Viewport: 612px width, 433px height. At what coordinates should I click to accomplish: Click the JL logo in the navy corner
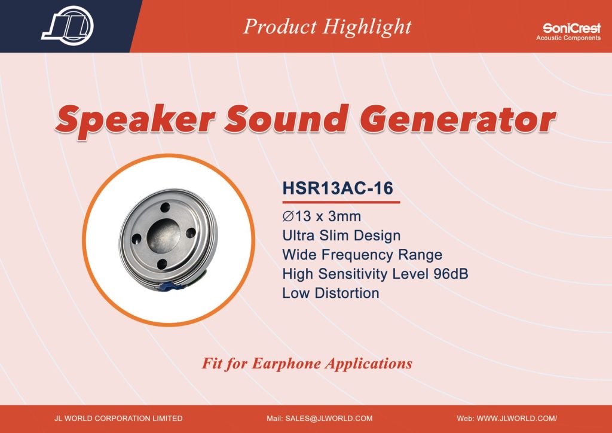(x=68, y=26)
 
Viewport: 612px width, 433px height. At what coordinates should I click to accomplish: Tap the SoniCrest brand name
(x=571, y=28)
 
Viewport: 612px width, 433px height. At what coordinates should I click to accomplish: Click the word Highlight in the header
(x=367, y=27)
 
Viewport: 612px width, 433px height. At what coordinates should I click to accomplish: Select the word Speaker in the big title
(x=135, y=120)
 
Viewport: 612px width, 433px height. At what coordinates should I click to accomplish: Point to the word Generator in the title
(x=457, y=118)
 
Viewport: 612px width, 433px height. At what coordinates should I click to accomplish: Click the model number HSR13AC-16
(x=338, y=188)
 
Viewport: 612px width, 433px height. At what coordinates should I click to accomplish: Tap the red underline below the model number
(x=341, y=202)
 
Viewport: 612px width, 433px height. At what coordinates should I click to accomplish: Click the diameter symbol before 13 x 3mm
(x=288, y=216)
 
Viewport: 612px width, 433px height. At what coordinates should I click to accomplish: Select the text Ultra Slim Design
(x=341, y=236)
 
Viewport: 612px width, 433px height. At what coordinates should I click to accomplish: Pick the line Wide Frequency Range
(x=362, y=255)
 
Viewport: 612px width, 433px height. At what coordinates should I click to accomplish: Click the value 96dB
(x=451, y=274)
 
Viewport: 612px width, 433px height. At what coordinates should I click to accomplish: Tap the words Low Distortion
(x=331, y=293)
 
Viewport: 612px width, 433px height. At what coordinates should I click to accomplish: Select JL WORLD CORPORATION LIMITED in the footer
(x=119, y=418)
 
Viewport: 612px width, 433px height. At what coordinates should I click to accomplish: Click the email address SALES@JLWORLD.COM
(x=329, y=418)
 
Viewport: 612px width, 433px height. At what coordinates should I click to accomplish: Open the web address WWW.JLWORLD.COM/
(x=517, y=418)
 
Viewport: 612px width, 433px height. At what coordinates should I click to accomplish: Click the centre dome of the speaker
(x=164, y=234)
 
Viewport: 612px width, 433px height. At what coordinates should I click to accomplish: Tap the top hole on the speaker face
(x=165, y=208)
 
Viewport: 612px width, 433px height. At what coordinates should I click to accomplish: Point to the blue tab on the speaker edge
(x=172, y=286)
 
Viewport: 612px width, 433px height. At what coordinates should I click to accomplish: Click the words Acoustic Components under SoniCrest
(x=568, y=38)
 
